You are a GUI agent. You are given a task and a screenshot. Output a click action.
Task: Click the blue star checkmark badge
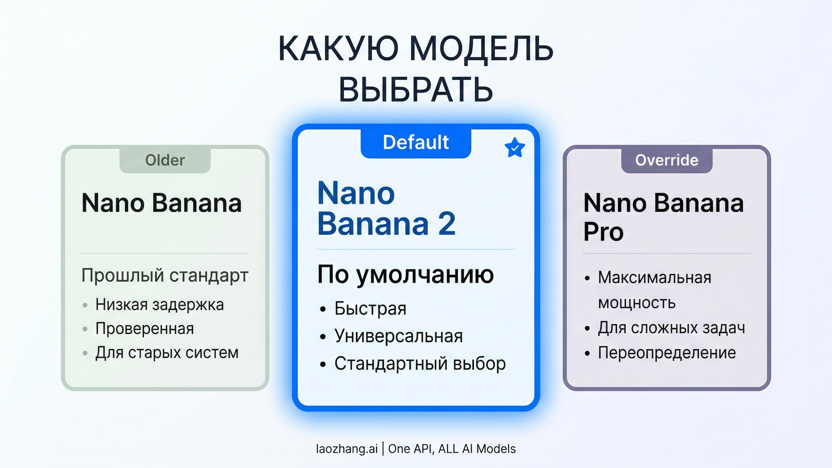point(514,148)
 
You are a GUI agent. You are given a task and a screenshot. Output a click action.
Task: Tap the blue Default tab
point(416,142)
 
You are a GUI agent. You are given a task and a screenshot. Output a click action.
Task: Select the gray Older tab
point(165,160)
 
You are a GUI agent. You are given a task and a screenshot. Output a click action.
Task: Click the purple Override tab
point(667,160)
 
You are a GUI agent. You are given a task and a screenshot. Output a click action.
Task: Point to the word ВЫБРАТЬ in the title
point(416,89)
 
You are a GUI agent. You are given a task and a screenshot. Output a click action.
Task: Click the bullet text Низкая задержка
point(159,305)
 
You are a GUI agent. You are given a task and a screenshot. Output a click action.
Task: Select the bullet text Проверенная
point(145,329)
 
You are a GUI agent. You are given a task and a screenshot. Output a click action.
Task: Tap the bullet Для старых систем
point(167,353)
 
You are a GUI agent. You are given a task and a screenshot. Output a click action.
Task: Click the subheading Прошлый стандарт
point(165,276)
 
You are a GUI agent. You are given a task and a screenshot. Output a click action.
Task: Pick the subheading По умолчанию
point(405,275)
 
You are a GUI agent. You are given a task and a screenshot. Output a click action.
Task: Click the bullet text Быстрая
point(370,308)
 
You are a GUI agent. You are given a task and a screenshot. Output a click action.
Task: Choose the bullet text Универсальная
point(398,336)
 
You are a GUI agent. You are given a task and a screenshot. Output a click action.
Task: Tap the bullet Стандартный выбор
point(420,363)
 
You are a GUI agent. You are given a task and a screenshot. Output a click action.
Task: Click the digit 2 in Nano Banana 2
point(447,224)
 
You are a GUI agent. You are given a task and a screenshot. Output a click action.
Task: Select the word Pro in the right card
point(603,232)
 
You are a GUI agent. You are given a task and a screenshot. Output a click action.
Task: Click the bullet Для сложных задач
point(671,328)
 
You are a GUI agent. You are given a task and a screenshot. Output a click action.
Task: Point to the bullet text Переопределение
point(667,353)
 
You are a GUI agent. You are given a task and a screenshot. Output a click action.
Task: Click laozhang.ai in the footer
point(347,449)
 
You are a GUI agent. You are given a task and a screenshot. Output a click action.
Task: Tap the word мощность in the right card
point(637,303)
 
